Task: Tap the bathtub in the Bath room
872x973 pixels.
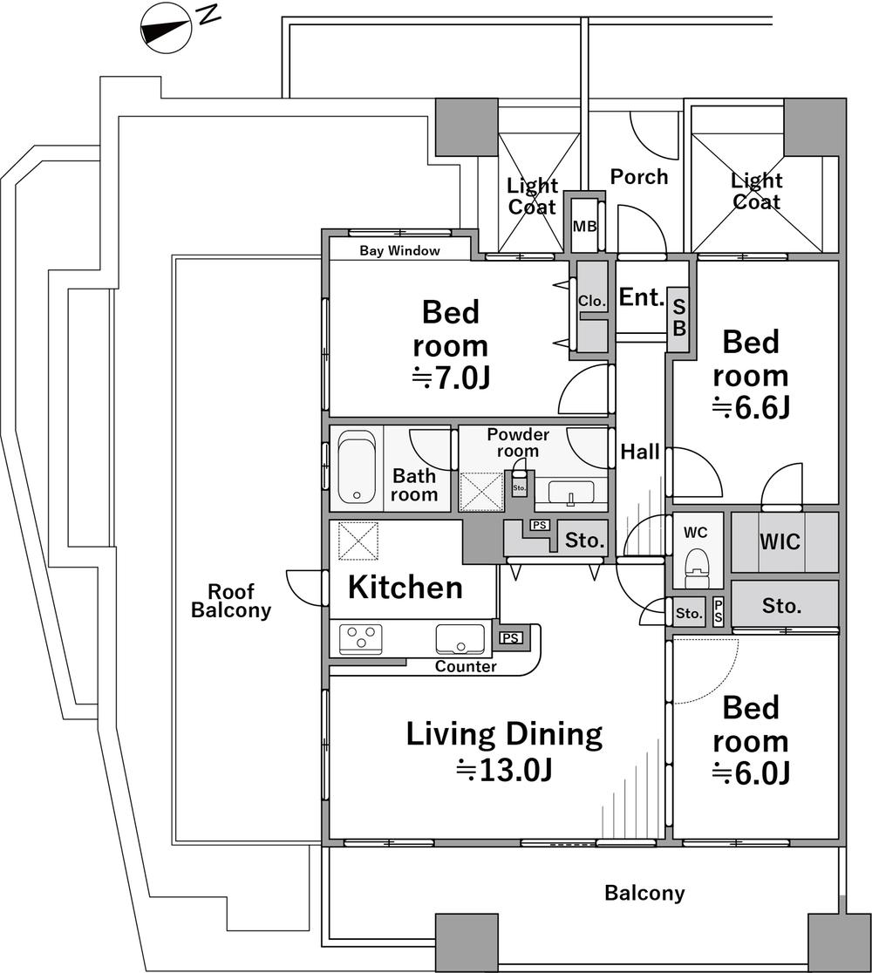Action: (x=357, y=466)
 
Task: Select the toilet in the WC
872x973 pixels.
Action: (x=696, y=566)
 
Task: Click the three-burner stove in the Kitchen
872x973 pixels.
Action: (x=361, y=639)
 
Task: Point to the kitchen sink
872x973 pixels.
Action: (x=460, y=639)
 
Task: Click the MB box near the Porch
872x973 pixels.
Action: (x=584, y=226)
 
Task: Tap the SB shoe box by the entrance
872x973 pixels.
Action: (x=679, y=317)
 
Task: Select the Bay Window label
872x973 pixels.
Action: (x=399, y=251)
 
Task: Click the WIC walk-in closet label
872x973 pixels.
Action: (x=780, y=541)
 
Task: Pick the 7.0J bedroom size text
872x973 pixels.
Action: (x=452, y=378)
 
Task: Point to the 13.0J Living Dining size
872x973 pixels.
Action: (x=504, y=770)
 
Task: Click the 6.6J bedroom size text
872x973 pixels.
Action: (x=751, y=407)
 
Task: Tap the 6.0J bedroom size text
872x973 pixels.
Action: (x=751, y=772)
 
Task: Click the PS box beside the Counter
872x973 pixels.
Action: (x=511, y=638)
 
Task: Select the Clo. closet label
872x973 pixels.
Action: (x=591, y=301)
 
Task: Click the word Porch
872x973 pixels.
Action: (x=639, y=177)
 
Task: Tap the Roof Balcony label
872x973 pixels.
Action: (x=231, y=601)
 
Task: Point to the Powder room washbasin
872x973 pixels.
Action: (x=571, y=492)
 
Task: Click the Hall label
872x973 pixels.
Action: (x=640, y=452)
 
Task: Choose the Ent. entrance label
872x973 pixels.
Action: (x=642, y=297)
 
